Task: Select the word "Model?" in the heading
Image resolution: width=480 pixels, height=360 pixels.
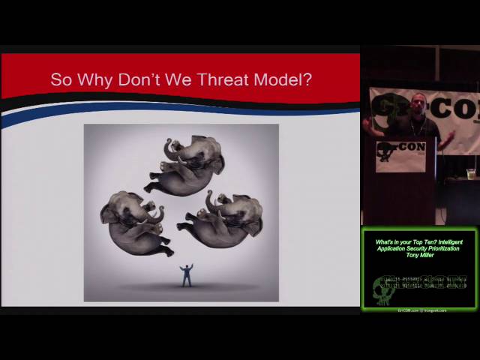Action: click(283, 79)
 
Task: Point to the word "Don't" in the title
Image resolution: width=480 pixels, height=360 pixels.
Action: click(142, 79)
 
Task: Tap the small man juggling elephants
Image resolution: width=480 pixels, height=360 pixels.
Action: click(186, 275)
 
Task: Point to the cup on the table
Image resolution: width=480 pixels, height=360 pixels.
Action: click(470, 174)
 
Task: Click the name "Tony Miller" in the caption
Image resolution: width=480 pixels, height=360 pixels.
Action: click(420, 255)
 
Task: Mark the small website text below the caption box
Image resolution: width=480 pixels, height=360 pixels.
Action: click(421, 310)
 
